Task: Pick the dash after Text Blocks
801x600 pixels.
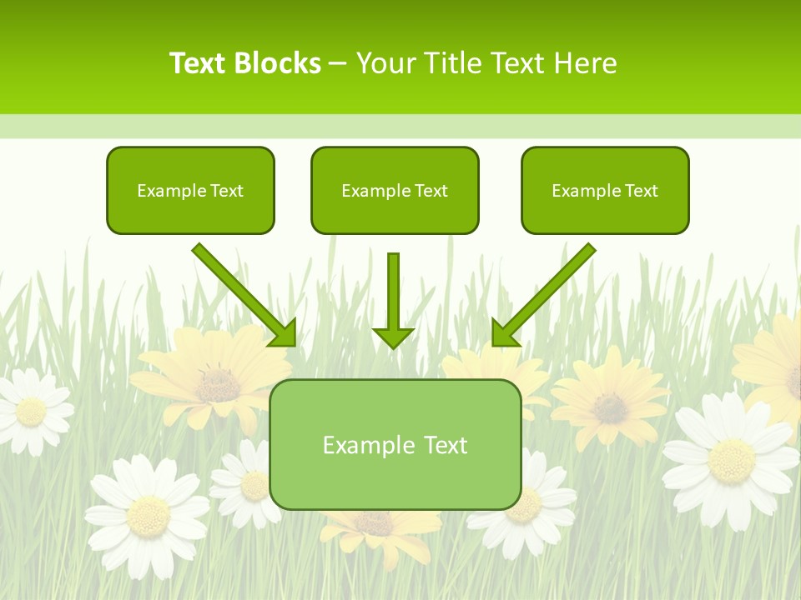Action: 339,64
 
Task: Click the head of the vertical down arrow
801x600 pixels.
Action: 393,337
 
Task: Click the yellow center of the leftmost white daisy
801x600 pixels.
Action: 32,411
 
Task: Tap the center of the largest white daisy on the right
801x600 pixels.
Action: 731,460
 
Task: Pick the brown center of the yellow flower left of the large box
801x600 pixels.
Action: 219,385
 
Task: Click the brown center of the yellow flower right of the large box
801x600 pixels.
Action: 611,407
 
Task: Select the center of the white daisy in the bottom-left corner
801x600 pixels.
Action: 149,515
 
